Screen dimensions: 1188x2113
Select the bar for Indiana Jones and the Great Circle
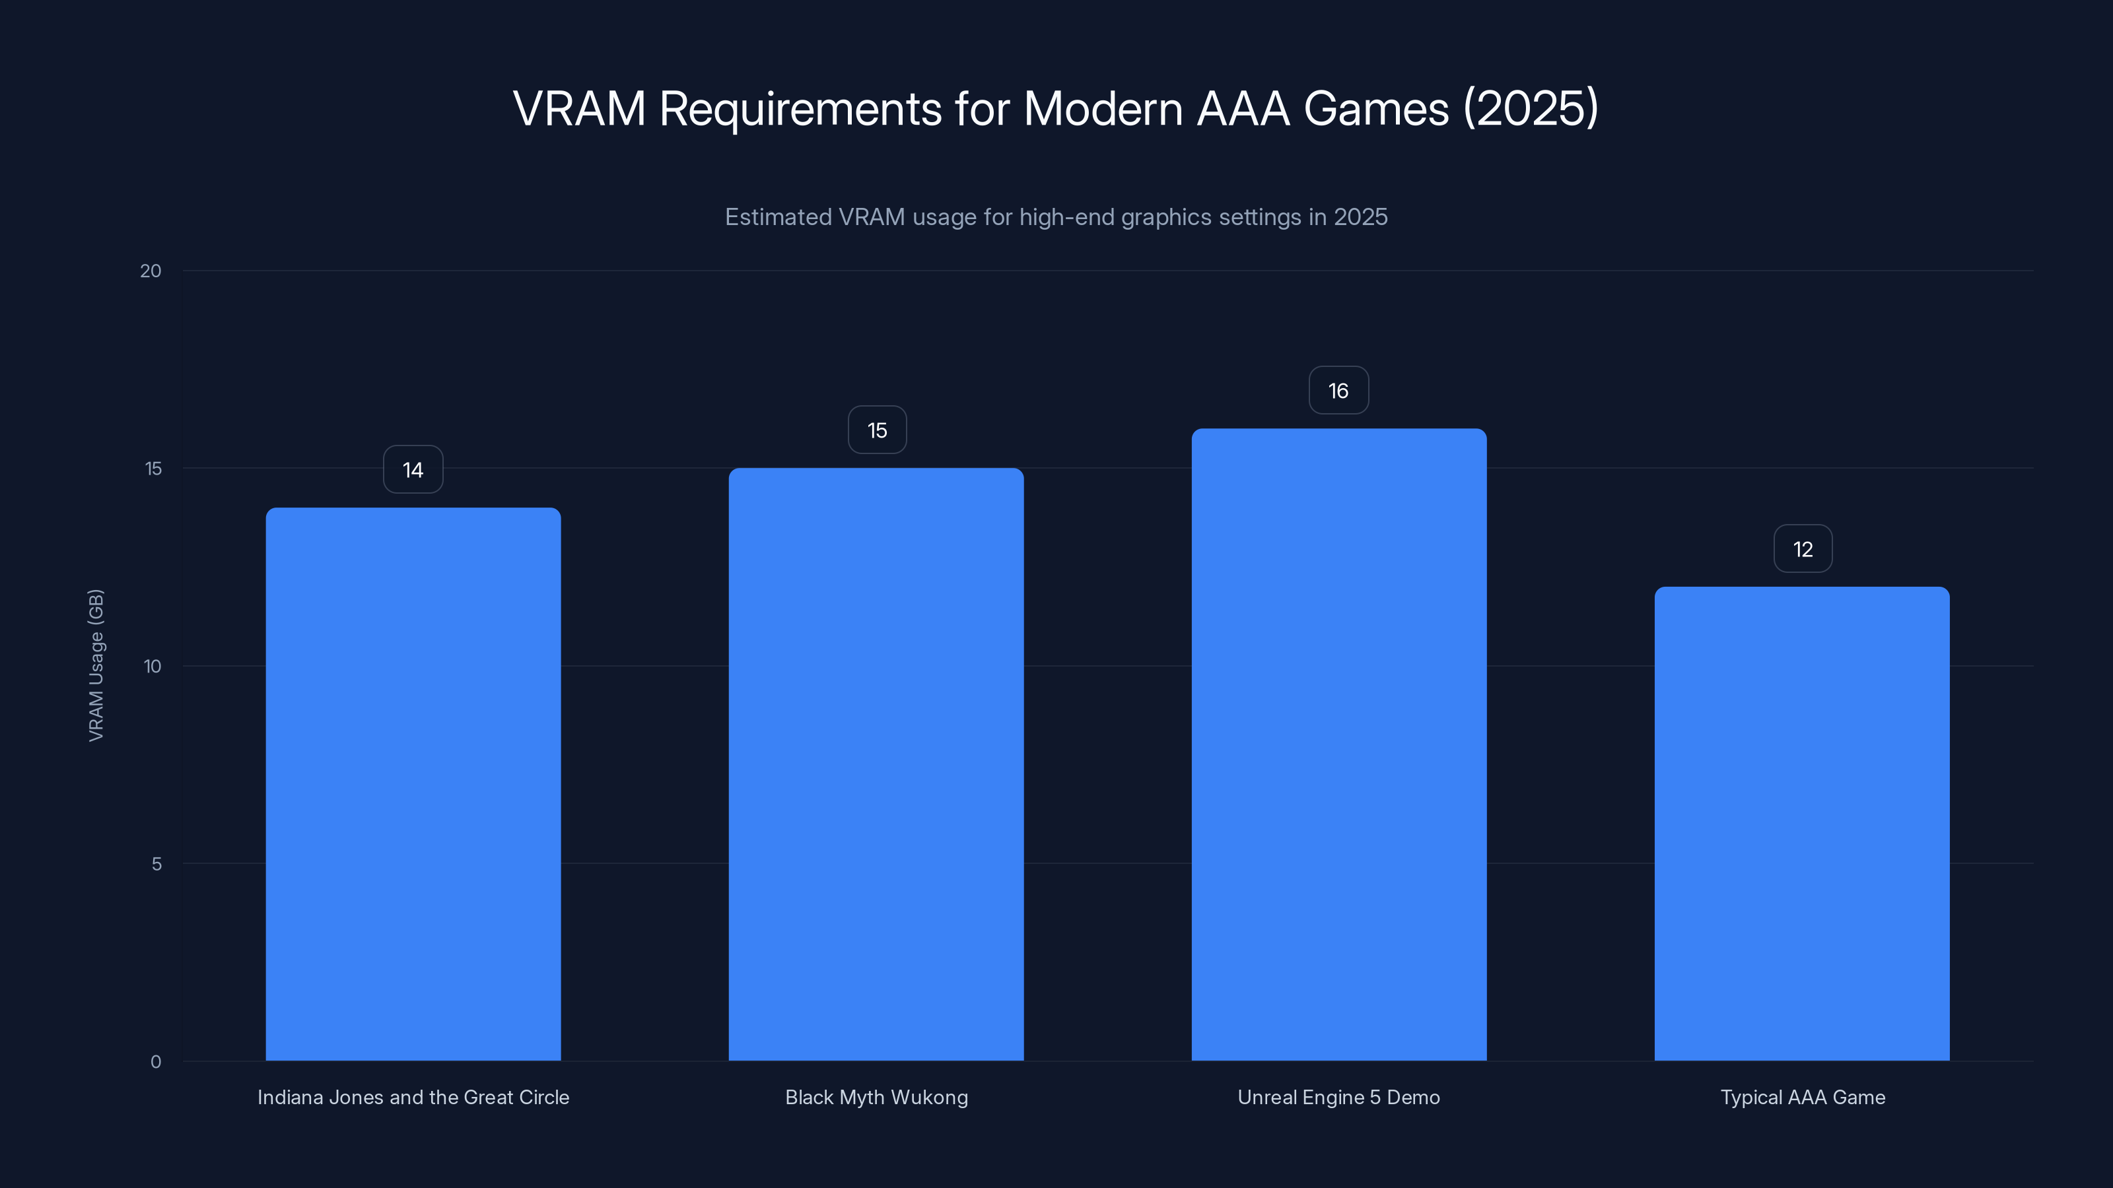[413, 784]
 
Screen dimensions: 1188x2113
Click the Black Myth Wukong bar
[876, 764]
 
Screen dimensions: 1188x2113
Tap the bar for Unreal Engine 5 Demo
[1338, 744]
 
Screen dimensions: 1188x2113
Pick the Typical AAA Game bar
[1802, 823]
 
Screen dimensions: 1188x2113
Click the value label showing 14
[413, 470]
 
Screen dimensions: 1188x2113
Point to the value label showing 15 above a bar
[877, 430]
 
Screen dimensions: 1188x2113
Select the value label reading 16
[1338, 391]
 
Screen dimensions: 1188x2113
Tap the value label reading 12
[1802, 549]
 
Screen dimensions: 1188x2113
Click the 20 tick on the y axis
[151, 271]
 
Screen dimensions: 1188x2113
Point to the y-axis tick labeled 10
[153, 667]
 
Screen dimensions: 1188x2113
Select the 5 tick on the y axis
[156, 864]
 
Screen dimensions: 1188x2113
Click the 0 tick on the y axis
[156, 1062]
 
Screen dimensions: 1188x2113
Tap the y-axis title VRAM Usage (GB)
[96, 665]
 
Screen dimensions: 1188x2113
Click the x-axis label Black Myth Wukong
[876, 1097]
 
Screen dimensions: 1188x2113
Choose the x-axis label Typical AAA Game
[1802, 1097]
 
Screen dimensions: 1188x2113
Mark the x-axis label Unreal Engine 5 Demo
[1338, 1097]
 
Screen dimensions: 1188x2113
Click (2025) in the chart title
[1531, 108]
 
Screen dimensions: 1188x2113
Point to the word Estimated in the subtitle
[779, 217]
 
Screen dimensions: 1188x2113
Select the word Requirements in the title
[800, 110]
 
